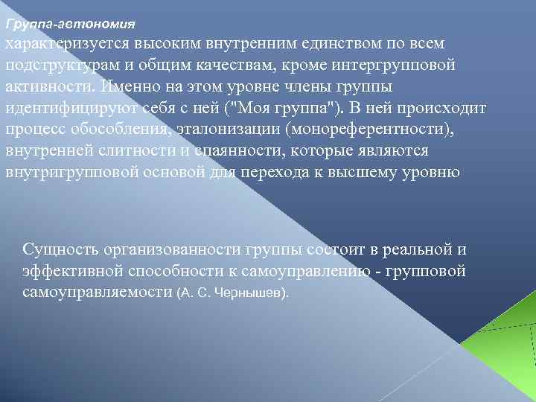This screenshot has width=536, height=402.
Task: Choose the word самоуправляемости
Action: (x=98, y=293)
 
